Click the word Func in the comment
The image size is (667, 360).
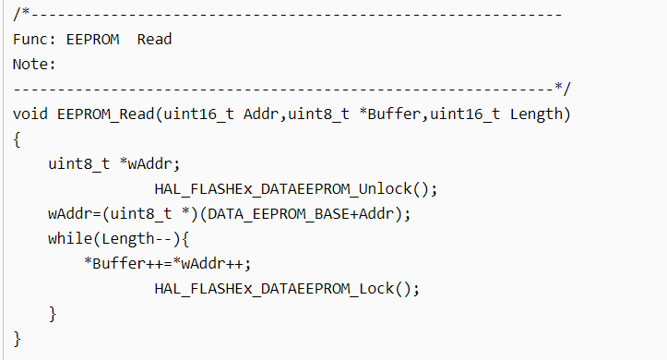click(30, 39)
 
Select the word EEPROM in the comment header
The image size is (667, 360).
click(93, 39)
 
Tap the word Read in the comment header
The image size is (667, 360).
click(154, 39)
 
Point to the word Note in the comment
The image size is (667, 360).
click(30, 65)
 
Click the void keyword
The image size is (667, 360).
click(30, 114)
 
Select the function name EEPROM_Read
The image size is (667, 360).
click(105, 114)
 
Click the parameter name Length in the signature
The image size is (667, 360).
click(536, 114)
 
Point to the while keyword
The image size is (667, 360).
click(70, 239)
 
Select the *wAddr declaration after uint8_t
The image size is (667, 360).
click(146, 163)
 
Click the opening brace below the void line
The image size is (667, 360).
click(17, 139)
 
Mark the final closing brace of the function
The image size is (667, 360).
click(17, 339)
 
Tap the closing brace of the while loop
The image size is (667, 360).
click(53, 314)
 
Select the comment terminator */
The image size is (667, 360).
click(563, 89)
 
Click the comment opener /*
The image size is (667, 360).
click(21, 14)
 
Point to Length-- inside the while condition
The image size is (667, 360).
click(137, 239)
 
